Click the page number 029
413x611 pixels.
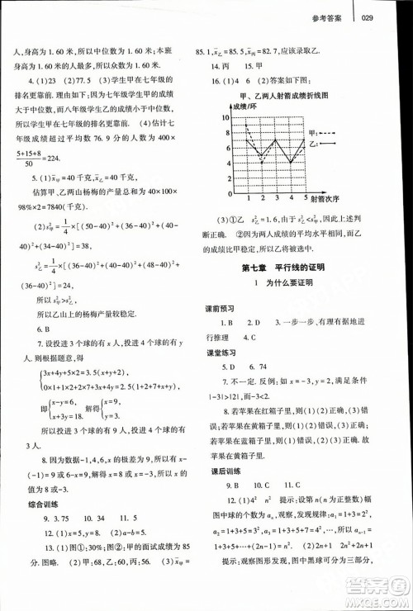(x=369, y=19)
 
